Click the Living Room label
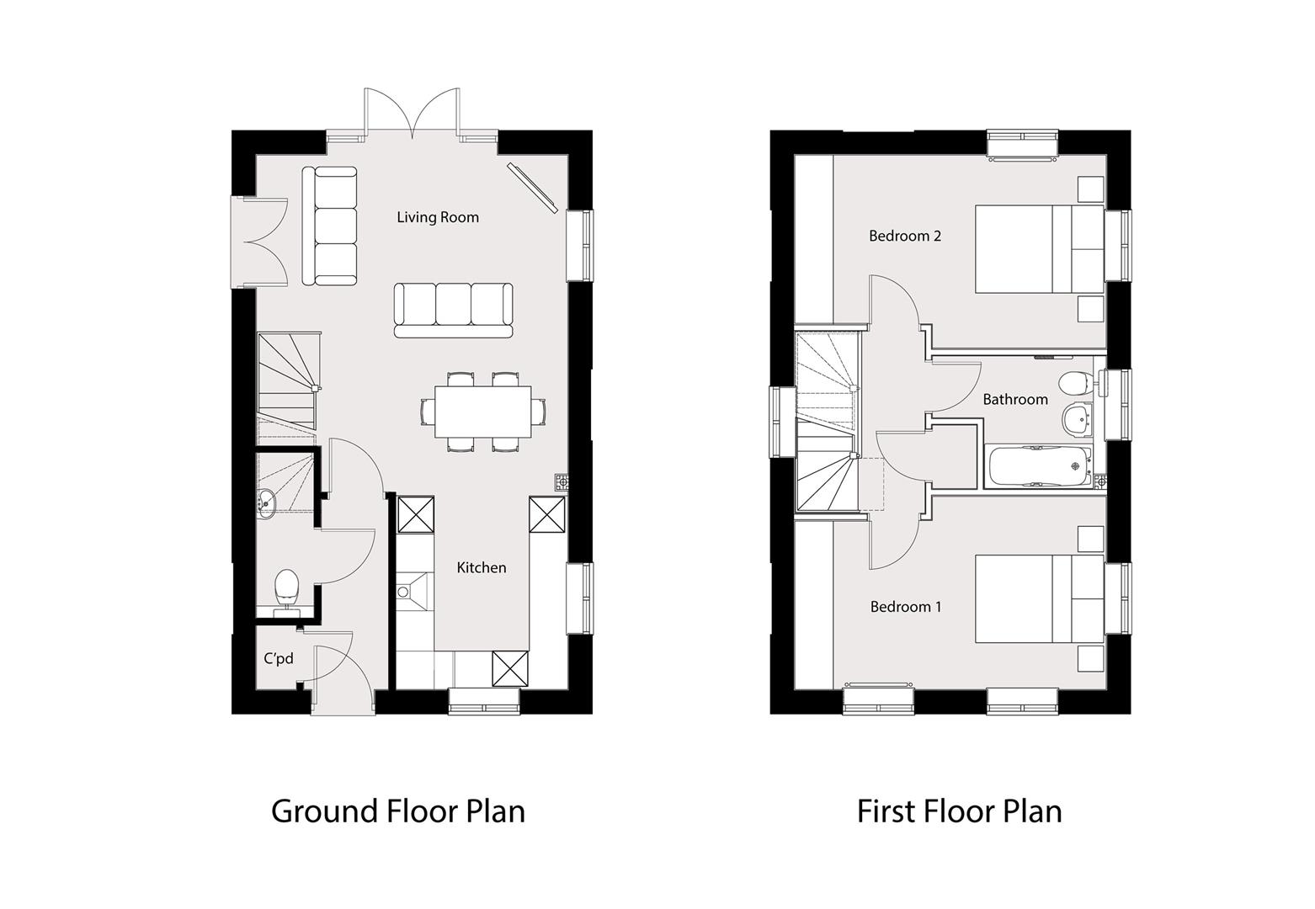[438, 218]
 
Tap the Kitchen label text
[482, 567]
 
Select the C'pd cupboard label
[279, 658]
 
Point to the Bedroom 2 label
[905, 236]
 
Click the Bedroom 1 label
[905, 607]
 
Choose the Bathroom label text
[1015, 400]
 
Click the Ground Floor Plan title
[398, 811]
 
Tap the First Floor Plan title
[959, 811]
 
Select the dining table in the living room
[483, 412]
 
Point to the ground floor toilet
[287, 592]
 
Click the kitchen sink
[414, 592]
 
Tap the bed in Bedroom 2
[1040, 248]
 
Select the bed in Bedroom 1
[1040, 598]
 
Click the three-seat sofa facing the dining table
[453, 311]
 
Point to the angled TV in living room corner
[532, 187]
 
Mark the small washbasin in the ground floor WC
[266, 502]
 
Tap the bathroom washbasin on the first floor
[1078, 420]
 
